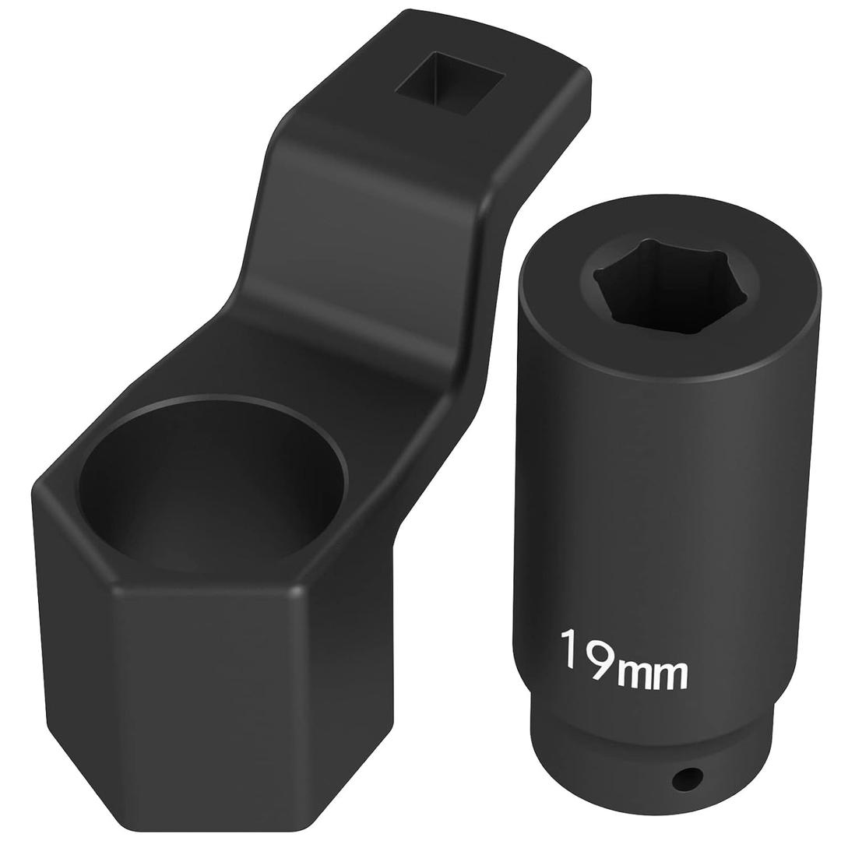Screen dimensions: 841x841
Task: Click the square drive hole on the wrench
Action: pyautogui.click(x=449, y=83)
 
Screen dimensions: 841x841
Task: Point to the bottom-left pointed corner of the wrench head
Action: pyautogui.click(x=117, y=818)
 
